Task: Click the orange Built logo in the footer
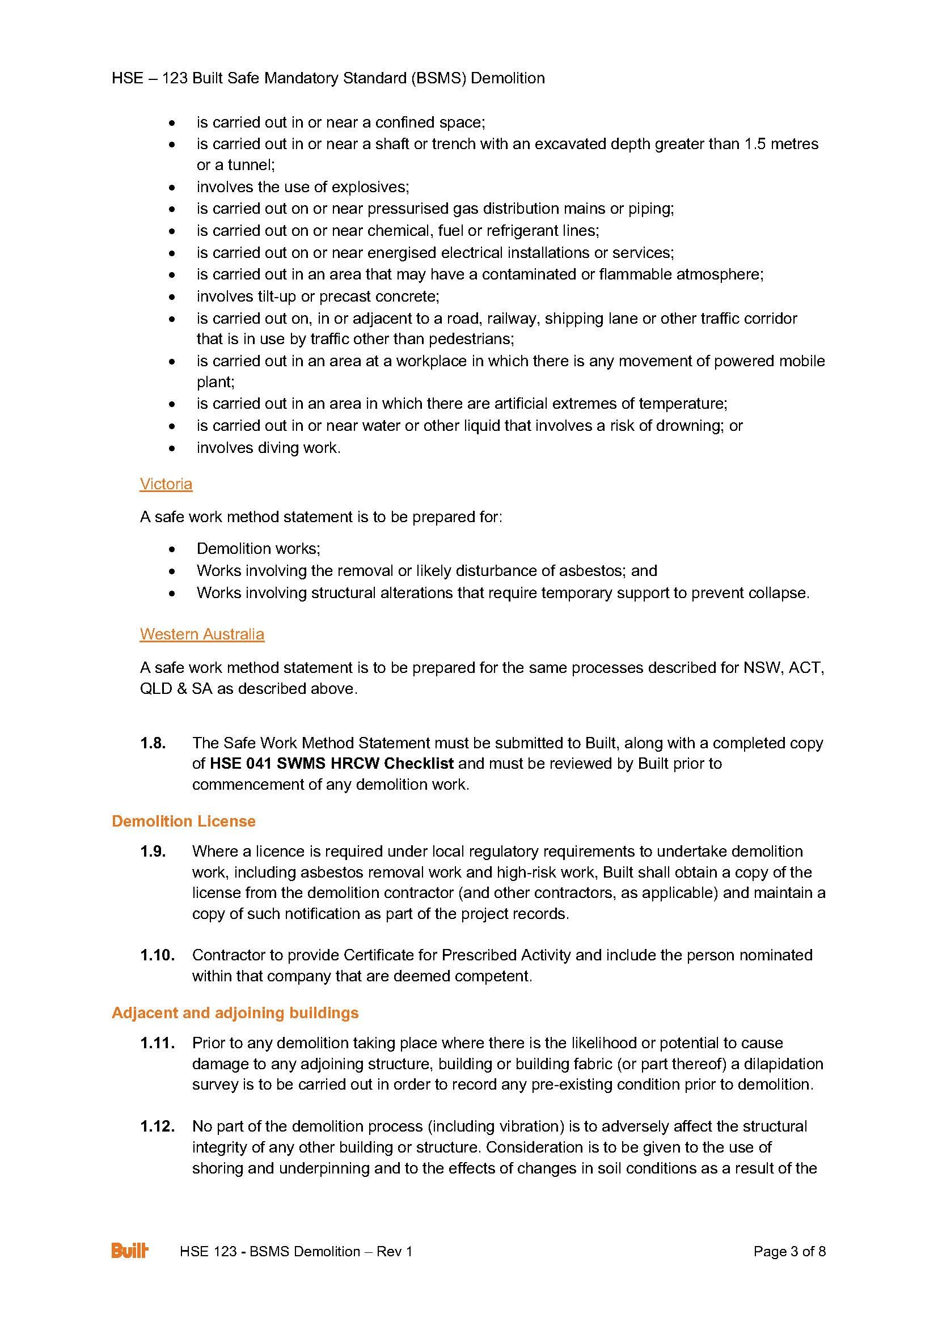[129, 1267]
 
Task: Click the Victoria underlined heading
[166, 484]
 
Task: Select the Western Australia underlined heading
[201, 634]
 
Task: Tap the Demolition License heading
[183, 821]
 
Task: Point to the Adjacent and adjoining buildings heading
[235, 1012]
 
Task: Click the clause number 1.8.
[153, 743]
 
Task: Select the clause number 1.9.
[153, 851]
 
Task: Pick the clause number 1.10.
[157, 955]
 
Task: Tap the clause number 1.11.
[157, 1043]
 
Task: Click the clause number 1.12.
[157, 1126]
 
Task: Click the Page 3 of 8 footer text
[789, 1267]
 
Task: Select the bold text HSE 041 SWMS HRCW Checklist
[332, 764]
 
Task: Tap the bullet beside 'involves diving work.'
[171, 448]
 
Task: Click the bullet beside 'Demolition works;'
[171, 549]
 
